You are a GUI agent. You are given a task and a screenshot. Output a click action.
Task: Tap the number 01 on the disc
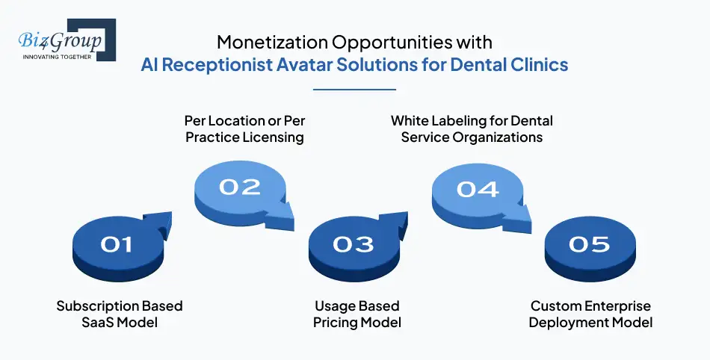coord(117,244)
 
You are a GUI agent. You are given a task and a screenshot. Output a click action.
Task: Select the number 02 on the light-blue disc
coord(239,187)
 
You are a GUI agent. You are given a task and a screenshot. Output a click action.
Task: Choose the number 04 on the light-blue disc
coord(478,189)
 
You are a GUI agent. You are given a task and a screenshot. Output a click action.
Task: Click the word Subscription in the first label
coord(98,306)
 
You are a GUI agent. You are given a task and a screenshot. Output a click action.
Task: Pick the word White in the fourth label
coord(410,120)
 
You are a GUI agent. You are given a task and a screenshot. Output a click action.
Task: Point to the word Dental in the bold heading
coord(481,64)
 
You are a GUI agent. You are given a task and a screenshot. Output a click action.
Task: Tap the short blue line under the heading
coord(354,89)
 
